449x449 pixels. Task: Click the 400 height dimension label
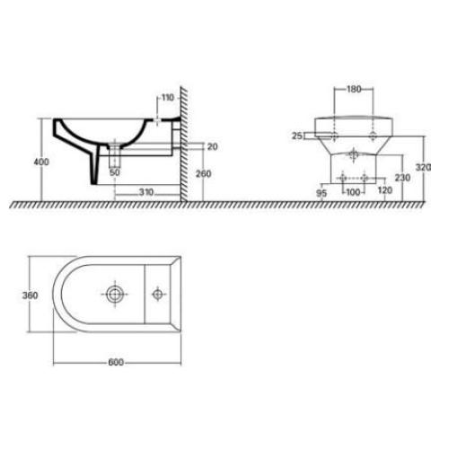point(41,162)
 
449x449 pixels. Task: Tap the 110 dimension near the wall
point(168,98)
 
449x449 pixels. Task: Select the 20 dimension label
point(212,146)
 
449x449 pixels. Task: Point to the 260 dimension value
point(203,173)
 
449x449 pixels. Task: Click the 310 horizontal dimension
point(146,192)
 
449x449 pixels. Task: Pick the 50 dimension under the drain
point(115,172)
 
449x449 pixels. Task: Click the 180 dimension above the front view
point(354,89)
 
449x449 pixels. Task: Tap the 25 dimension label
point(297,136)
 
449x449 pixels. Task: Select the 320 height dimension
point(423,167)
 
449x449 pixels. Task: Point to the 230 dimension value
point(402,178)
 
